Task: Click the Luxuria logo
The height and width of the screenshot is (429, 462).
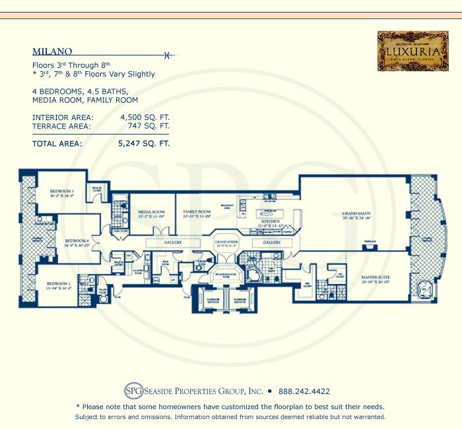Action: [x=407, y=51]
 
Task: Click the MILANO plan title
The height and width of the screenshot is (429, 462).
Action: [x=52, y=51]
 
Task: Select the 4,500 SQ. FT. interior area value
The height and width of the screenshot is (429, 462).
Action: [x=145, y=117]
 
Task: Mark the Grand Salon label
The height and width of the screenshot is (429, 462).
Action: [x=354, y=214]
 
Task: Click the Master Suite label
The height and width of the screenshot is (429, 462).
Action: [x=374, y=277]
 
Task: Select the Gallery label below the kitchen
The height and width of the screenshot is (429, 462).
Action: [x=272, y=243]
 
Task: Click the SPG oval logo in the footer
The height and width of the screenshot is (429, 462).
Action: [x=132, y=390]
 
